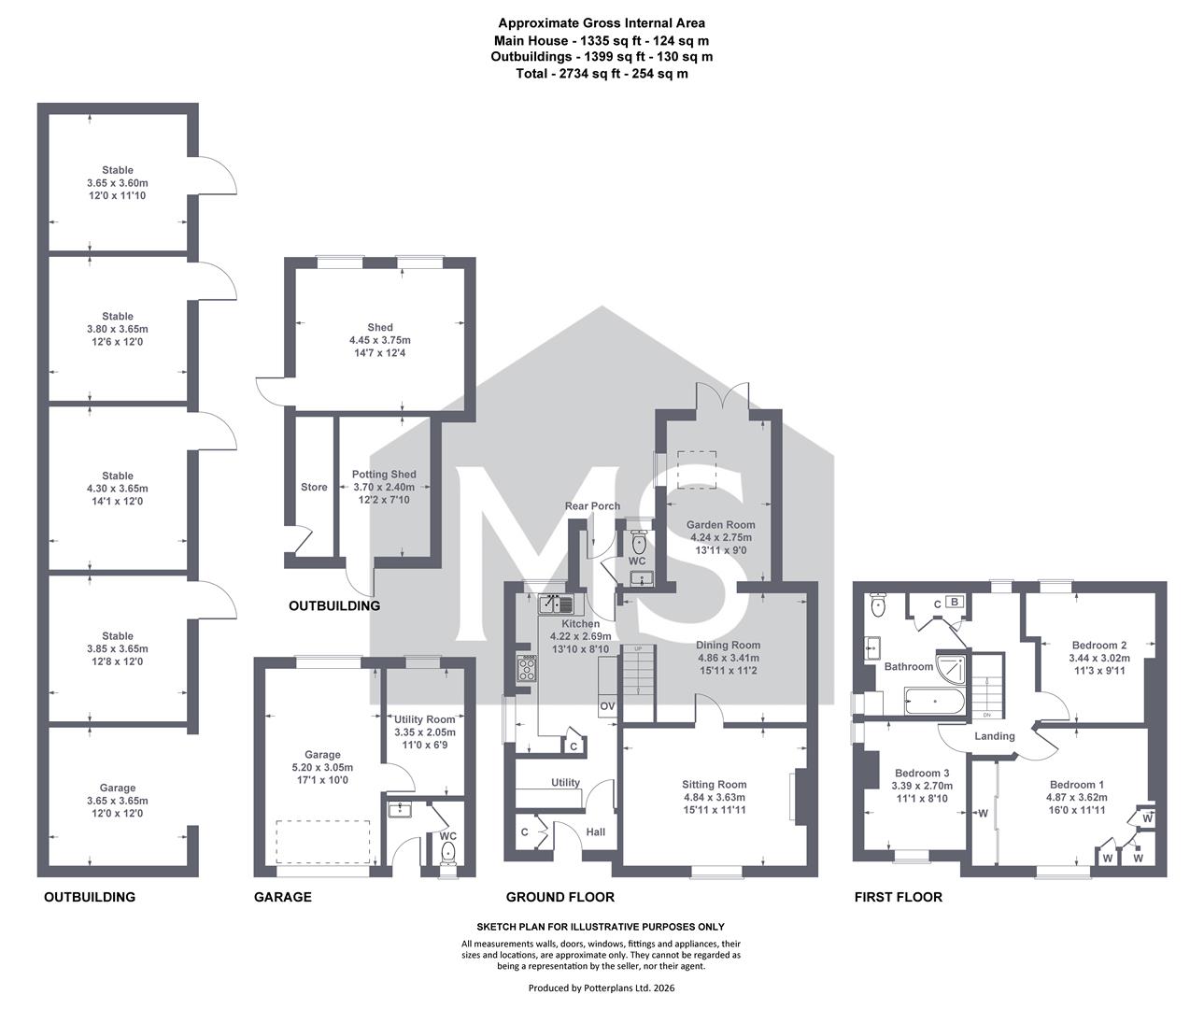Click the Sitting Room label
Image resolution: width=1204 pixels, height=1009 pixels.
pos(714,785)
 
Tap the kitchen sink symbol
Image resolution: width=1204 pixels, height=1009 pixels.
pos(556,604)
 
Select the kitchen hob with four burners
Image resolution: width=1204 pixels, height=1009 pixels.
pos(527,668)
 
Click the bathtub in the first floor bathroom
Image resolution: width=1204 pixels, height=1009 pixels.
pos(934,701)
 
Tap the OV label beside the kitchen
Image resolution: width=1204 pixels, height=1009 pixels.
pos(607,706)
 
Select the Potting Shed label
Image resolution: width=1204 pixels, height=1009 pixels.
pos(384,475)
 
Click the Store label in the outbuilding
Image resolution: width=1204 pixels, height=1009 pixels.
pos(314,487)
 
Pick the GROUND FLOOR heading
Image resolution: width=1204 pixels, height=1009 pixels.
pos(560,897)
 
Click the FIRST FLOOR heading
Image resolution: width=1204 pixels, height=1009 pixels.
pos(899,897)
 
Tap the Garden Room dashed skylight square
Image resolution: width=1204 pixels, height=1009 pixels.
pos(697,470)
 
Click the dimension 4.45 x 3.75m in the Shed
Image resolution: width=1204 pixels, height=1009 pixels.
pos(380,340)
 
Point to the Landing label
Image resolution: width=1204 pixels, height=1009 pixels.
pos(995,736)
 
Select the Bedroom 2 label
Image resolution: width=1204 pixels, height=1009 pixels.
pos(1099,645)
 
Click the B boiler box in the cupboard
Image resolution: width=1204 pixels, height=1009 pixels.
pos(955,602)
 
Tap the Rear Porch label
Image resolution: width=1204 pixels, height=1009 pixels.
pos(592,506)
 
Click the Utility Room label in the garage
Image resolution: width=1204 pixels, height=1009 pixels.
pos(424,719)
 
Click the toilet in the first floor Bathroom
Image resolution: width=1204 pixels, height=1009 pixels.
pos(878,604)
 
